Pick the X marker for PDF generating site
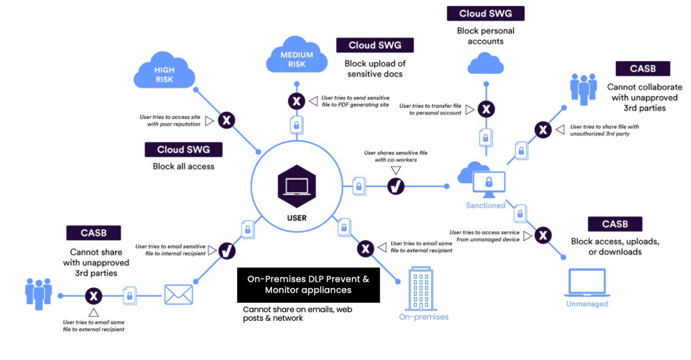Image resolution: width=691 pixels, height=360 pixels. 296,102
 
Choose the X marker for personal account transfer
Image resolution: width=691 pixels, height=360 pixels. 487,109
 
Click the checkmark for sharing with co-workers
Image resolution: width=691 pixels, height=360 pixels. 396,186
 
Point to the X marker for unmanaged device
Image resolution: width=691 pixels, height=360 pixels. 542,236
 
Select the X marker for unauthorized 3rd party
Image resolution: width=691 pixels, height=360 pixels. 542,130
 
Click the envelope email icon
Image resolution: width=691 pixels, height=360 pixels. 178,294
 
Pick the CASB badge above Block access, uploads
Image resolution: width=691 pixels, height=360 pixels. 615,224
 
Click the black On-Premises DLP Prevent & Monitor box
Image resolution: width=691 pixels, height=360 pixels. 308,284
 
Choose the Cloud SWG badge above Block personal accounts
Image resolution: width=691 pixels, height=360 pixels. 485,13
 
